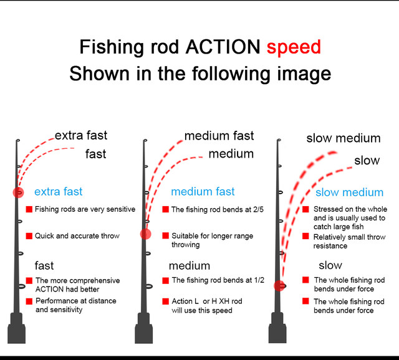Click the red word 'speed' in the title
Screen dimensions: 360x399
point(294,47)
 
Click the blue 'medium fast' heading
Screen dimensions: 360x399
point(203,192)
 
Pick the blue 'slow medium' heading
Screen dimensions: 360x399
point(349,192)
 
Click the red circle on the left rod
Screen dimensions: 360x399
point(17,192)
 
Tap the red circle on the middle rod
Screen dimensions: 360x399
point(146,234)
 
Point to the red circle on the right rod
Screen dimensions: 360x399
point(279,285)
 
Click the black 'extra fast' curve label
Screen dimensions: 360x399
point(81,135)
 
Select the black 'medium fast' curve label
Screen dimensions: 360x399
point(219,135)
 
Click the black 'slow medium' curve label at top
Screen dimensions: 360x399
point(343,138)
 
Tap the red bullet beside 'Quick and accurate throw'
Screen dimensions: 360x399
point(29,236)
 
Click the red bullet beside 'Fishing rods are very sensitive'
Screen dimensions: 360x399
point(29,210)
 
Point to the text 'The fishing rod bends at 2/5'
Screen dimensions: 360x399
point(218,210)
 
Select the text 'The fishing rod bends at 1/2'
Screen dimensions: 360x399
point(218,280)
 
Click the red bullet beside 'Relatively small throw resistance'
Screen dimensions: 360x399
point(305,237)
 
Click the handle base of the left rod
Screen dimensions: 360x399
point(17,330)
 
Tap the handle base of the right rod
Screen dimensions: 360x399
point(278,330)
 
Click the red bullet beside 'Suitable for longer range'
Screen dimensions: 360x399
point(166,236)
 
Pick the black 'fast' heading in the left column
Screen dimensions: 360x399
point(44,265)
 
